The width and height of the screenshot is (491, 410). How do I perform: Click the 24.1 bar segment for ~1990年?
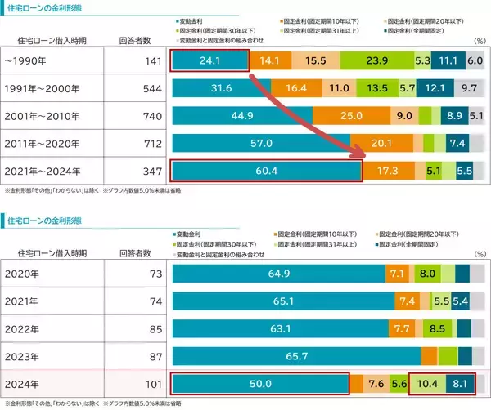point(209,60)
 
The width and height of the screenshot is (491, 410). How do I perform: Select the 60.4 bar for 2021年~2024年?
point(266,172)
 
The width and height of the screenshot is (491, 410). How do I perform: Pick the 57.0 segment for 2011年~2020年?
point(260,144)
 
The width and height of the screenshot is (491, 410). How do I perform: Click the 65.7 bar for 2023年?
point(296,356)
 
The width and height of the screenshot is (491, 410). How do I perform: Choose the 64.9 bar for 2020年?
point(278,273)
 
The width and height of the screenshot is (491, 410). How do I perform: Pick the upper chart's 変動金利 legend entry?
point(196,17)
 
